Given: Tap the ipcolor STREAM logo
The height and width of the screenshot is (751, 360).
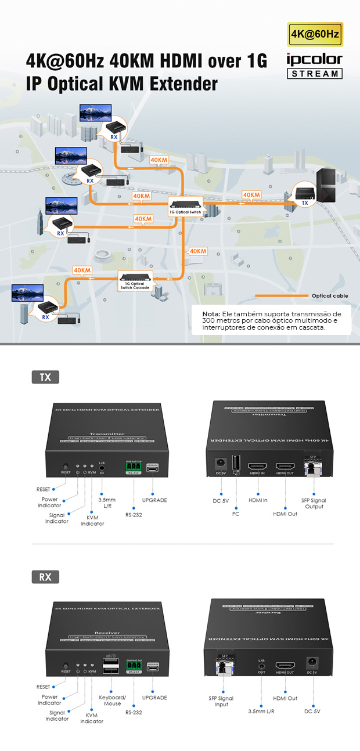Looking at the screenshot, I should pos(314,66).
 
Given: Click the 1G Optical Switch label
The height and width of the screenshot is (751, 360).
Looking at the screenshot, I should pos(185,212).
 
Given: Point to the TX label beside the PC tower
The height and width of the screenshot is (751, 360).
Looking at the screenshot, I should pos(305,203).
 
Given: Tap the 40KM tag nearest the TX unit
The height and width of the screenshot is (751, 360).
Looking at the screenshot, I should pos(251,195).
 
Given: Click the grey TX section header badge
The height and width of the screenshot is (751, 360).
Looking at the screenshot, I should pos(45,377).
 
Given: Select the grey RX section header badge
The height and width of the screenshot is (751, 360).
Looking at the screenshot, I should pos(45,577).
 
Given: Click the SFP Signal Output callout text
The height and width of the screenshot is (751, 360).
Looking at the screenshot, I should pos(314,503).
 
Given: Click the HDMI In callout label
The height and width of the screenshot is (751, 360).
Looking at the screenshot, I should pos(257,500).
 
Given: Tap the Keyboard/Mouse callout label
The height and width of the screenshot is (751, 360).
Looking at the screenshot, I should pos(113,701).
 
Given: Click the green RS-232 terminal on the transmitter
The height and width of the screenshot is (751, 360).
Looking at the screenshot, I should pos(134,466).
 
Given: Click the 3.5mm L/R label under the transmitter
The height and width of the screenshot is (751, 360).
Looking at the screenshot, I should pos(107,503).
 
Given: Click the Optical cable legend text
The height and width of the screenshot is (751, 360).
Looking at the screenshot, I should pos(330,295).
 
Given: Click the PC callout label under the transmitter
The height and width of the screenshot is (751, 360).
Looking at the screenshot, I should pos(236,514).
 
